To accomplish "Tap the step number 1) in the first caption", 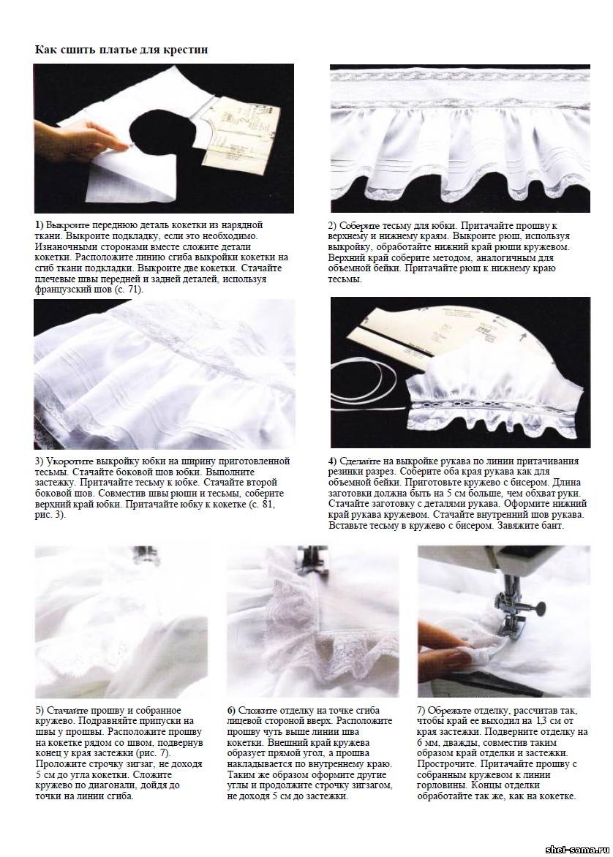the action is click(40, 224).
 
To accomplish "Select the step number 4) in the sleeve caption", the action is click(333, 461).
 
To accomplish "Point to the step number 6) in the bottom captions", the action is click(231, 711).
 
